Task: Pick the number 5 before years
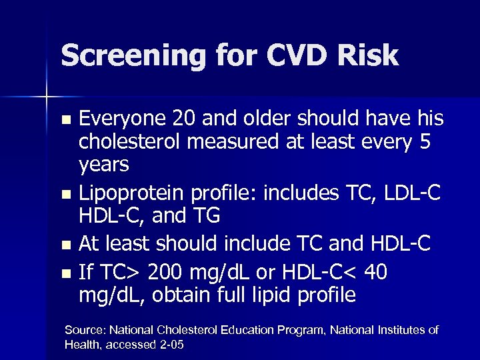click(427, 142)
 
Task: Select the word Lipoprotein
click(131, 193)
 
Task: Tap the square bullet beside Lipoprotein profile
click(65, 194)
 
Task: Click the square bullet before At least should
click(65, 245)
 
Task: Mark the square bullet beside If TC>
click(65, 273)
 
